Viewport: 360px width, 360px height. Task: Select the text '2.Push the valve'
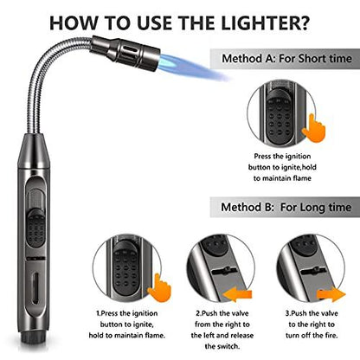(x=223, y=326)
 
